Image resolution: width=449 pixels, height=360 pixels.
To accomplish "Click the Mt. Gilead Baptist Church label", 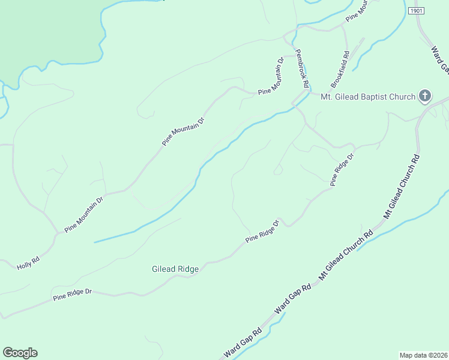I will point(368,97).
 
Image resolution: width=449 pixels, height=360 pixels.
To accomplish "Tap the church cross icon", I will point(425,96).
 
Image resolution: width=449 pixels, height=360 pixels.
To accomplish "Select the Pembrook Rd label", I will point(302,68).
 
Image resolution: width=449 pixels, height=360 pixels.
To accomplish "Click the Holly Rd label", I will point(28,262).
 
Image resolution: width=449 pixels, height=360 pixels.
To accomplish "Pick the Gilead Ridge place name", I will point(175,269).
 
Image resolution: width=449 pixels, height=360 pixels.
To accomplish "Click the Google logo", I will point(20,353).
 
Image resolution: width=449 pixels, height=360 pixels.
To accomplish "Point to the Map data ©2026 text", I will point(424,355).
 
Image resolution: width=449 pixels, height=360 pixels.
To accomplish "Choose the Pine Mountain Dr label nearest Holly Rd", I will point(84,214).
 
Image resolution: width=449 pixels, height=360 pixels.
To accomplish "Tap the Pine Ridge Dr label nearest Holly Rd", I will point(72,295).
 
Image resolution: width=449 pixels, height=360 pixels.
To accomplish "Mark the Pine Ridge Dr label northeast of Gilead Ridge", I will point(263,232).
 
